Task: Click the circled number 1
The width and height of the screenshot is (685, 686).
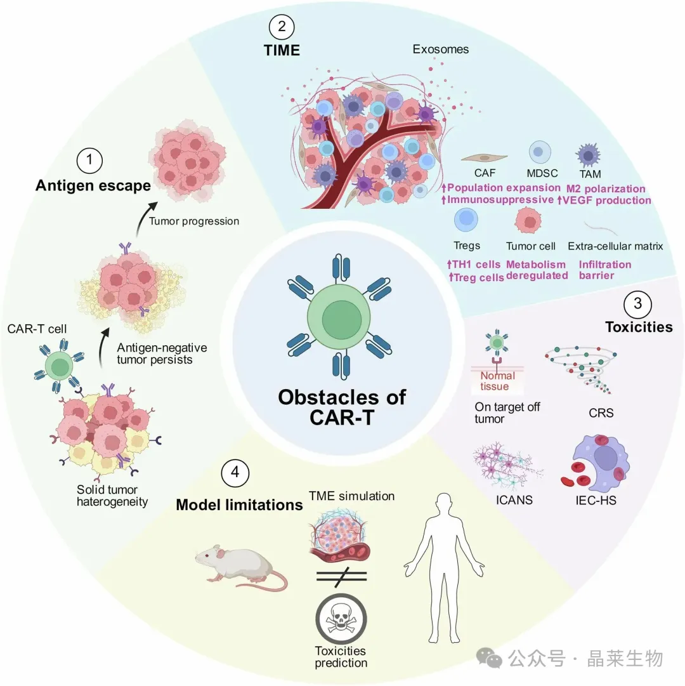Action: pyautogui.click(x=90, y=161)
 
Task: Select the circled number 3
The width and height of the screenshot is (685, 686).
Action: pyautogui.click(x=637, y=304)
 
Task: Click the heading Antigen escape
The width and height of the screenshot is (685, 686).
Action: pyautogui.click(x=93, y=185)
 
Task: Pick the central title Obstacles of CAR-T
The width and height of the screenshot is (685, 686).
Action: pyautogui.click(x=342, y=408)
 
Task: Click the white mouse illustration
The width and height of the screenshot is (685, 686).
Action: pyautogui.click(x=238, y=564)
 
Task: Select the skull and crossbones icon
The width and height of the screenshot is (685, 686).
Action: pyautogui.click(x=341, y=619)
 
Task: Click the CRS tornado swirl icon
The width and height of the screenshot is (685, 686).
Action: pyautogui.click(x=582, y=369)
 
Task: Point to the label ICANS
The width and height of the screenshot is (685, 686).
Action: pyautogui.click(x=514, y=499)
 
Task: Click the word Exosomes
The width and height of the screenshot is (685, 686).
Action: pyautogui.click(x=441, y=49)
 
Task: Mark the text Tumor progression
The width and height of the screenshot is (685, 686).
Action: pyautogui.click(x=193, y=221)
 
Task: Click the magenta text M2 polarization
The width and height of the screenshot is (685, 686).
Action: pyautogui.click(x=606, y=188)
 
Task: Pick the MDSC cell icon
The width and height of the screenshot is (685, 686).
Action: pyautogui.click(x=540, y=152)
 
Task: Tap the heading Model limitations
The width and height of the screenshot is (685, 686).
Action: pyautogui.click(x=239, y=505)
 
